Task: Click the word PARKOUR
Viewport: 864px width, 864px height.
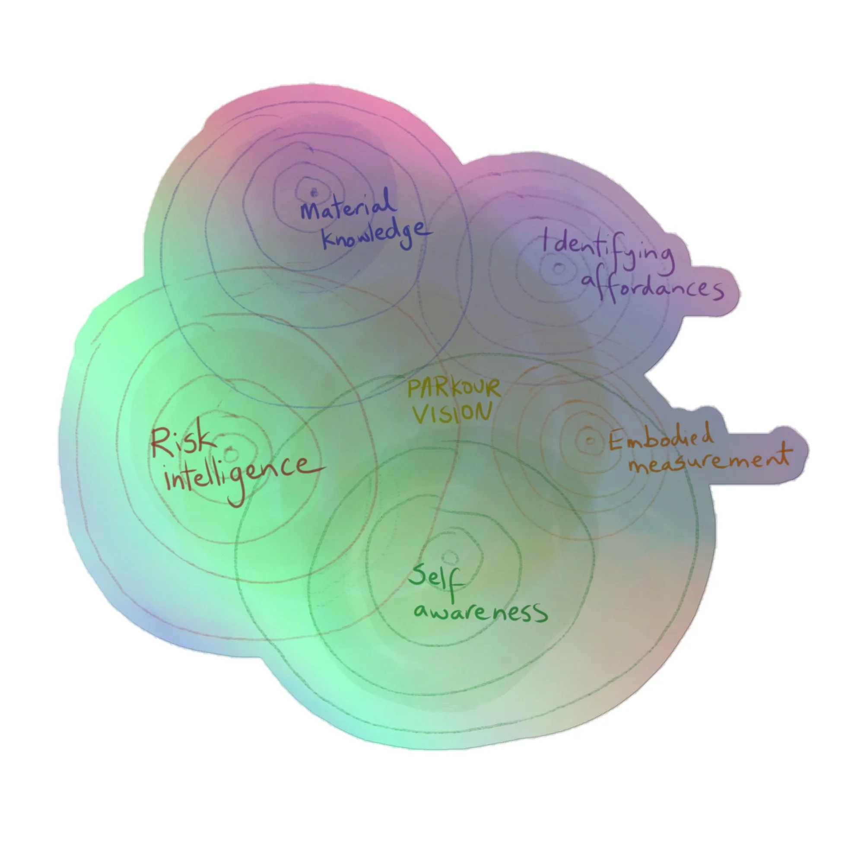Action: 454,388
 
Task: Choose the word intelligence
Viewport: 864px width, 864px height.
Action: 241,474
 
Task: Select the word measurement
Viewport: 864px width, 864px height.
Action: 709,461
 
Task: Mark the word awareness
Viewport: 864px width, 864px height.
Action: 480,611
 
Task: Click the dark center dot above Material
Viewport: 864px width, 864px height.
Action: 314,193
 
